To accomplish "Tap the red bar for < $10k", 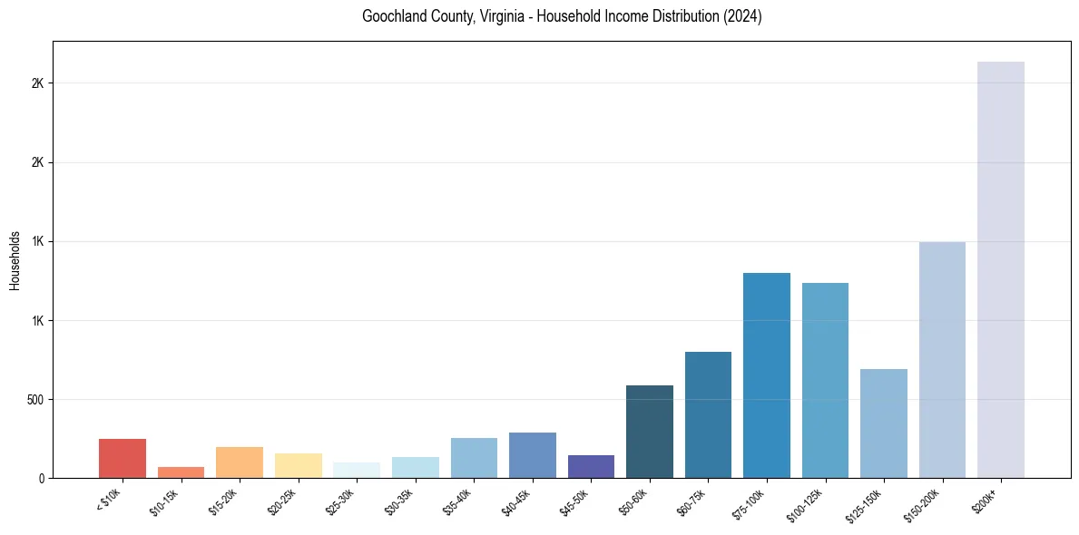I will click(x=123, y=458).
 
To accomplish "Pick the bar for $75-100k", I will click(x=767, y=375).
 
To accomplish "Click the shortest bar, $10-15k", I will click(x=181, y=472).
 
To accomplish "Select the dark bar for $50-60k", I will click(x=650, y=432).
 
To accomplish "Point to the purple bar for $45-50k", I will click(x=591, y=466).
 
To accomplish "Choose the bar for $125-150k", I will click(x=884, y=423).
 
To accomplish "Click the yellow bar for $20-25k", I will click(x=298, y=465).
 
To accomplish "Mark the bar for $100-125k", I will click(x=825, y=380).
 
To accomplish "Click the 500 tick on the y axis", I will click(x=37, y=399).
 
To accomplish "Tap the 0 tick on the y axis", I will click(x=42, y=478).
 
